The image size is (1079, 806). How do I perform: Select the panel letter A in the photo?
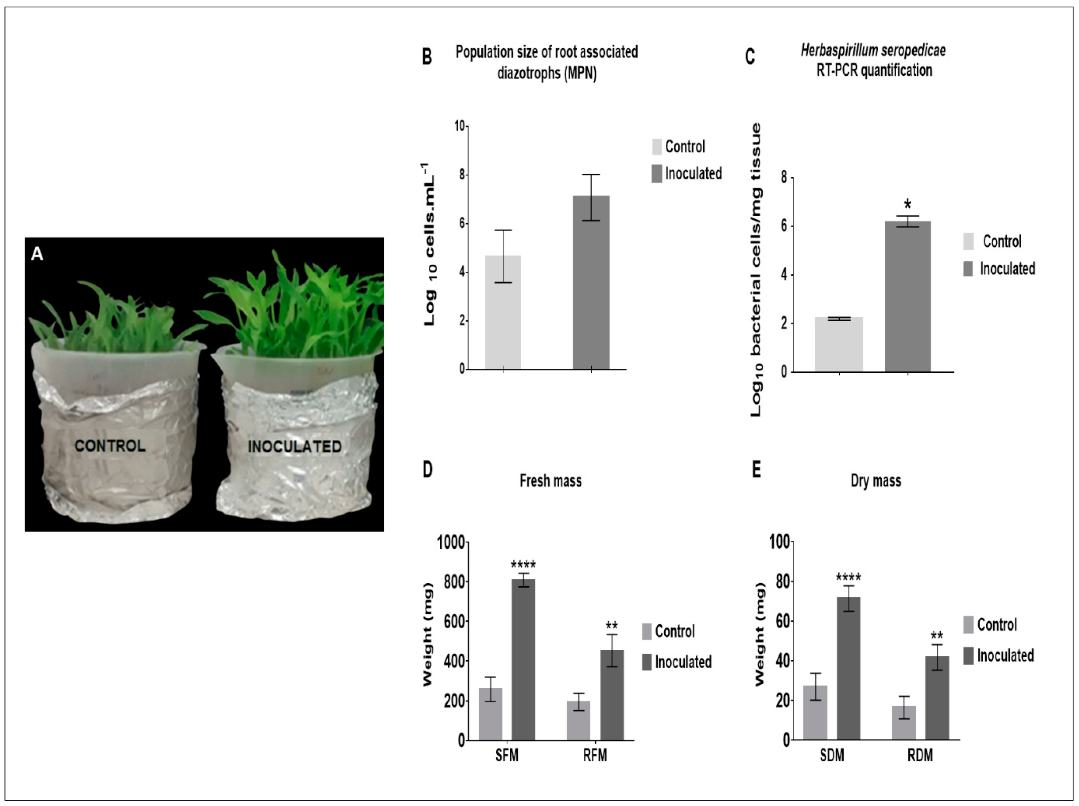tap(37, 254)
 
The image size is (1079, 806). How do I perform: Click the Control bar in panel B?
tap(503, 312)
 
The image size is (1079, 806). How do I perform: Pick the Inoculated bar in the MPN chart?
tap(591, 283)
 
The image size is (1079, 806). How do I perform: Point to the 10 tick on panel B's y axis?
tap(460, 126)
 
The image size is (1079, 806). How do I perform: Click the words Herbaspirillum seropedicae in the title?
tap(873, 50)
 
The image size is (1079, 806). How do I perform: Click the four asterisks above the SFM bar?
tap(523, 565)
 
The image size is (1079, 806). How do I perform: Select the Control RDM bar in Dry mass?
tap(904, 723)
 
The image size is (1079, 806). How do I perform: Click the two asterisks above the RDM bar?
tap(936, 635)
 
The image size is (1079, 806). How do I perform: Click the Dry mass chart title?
tap(876, 481)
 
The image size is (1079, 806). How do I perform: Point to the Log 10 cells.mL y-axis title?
tap(429, 244)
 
